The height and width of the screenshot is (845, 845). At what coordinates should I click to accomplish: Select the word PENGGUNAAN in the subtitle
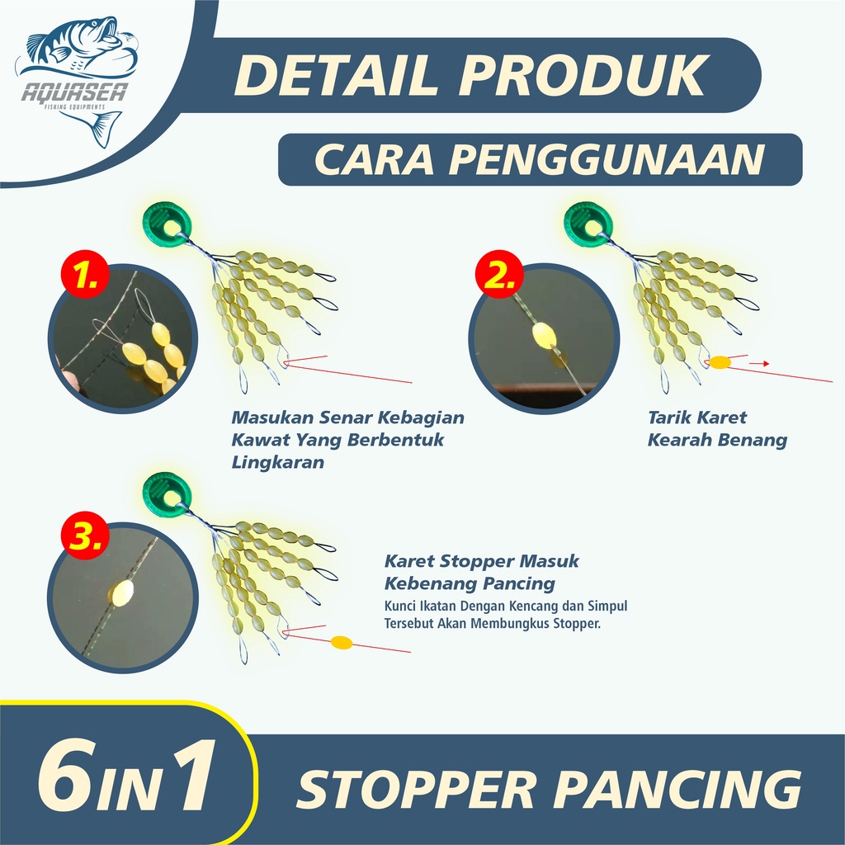607,159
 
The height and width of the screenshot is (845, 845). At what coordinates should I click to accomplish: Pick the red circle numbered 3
85,536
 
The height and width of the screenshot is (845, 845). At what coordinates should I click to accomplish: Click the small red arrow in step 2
759,364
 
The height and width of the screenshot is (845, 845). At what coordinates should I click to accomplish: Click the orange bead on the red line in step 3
341,642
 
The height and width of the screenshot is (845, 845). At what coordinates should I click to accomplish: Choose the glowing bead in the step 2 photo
545,336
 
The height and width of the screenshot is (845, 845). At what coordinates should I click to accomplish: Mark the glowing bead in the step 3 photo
122,592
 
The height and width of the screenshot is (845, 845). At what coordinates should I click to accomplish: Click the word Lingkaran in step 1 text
277,462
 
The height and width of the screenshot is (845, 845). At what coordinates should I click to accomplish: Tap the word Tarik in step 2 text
668,417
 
